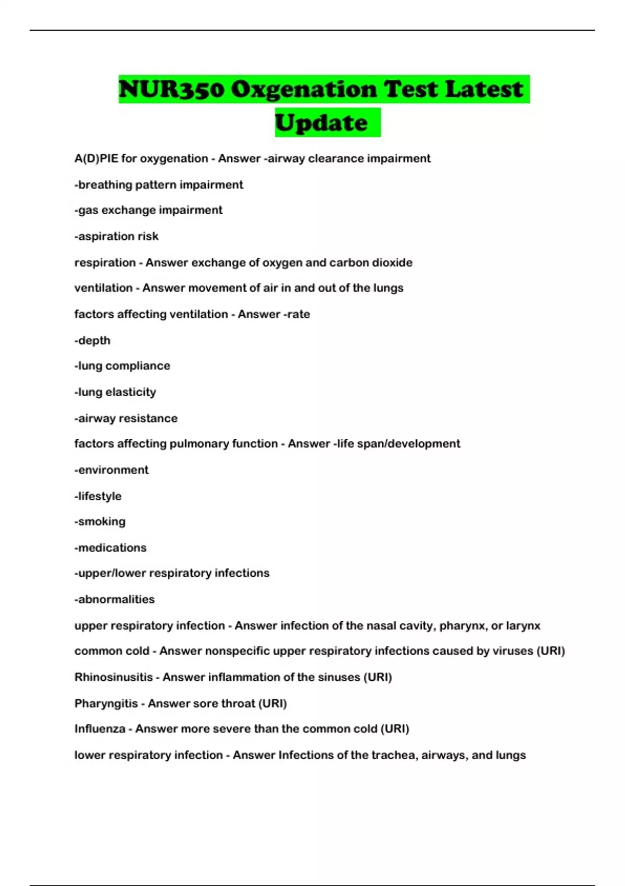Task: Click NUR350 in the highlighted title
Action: click(x=172, y=89)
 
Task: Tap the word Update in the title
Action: click(x=321, y=123)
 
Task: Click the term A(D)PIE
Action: click(x=96, y=158)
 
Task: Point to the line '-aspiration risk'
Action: click(x=116, y=237)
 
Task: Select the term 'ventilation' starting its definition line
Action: click(x=103, y=288)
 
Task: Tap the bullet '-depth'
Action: click(x=92, y=340)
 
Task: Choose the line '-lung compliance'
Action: click(x=122, y=366)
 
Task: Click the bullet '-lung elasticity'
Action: click(x=115, y=392)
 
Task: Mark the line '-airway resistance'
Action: click(x=126, y=418)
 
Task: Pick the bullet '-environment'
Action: click(x=111, y=470)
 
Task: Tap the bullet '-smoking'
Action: click(x=99, y=522)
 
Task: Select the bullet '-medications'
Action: click(x=110, y=548)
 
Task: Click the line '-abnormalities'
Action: click(x=114, y=599)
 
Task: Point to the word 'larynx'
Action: click(x=523, y=625)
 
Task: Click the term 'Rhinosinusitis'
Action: click(x=113, y=677)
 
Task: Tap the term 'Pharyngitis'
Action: click(x=106, y=703)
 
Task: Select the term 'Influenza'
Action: click(x=99, y=729)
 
